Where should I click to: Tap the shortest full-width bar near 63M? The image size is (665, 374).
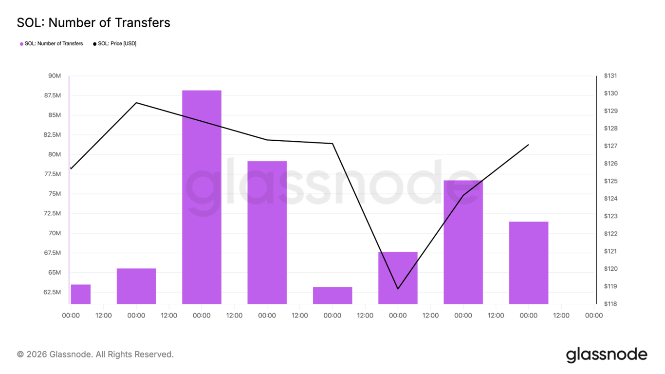(332, 296)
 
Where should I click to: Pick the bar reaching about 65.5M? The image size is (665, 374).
(136, 286)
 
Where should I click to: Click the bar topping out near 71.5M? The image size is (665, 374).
(529, 263)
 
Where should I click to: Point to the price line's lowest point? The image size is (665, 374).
(398, 289)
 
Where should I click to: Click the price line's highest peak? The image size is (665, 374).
(136, 103)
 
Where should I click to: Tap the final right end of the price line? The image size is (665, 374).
(529, 145)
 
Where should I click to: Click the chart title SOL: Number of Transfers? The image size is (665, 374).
(93, 22)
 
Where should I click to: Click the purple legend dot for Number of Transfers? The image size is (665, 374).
(21, 44)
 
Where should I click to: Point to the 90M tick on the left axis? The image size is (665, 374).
(54, 76)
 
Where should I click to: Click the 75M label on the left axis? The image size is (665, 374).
(54, 194)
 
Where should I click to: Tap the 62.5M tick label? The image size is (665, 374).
(52, 292)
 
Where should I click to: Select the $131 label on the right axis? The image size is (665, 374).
(610, 76)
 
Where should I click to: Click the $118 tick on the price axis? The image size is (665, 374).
(610, 304)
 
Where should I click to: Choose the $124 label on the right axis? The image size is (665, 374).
(610, 199)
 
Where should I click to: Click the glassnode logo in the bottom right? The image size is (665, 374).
(607, 355)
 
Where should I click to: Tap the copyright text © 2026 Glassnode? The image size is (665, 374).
(95, 355)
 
